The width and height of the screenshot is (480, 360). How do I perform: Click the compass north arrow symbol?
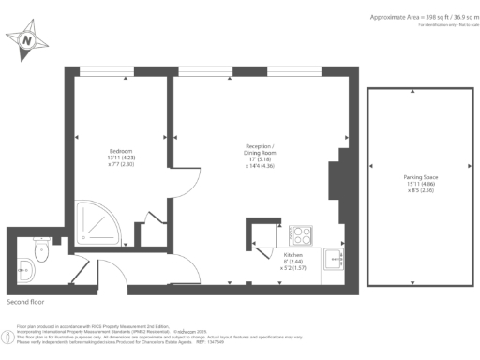[x=27, y=41]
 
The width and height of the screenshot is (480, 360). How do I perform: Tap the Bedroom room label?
[x=121, y=151]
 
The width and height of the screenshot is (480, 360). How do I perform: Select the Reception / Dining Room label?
[x=260, y=149]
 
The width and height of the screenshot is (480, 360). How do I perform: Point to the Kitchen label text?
[x=292, y=253]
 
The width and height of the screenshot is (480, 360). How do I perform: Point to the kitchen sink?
[x=332, y=259]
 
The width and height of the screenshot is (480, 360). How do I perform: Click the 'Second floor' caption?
[x=25, y=302]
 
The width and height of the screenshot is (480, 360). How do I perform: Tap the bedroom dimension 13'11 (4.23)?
[x=121, y=158]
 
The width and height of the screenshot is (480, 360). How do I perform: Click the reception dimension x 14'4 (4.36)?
[x=260, y=166]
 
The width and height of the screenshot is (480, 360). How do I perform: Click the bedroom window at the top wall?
[x=105, y=70]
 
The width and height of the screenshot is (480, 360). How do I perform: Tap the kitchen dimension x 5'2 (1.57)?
[x=292, y=268]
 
